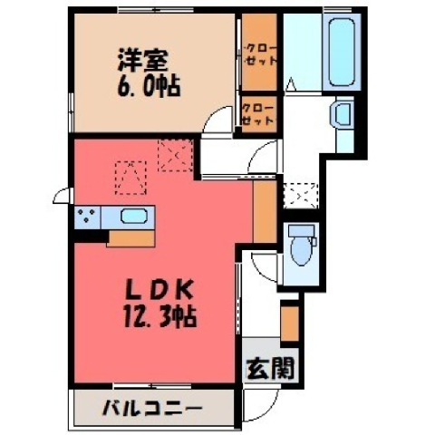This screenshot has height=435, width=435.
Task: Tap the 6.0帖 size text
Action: tap(149, 86)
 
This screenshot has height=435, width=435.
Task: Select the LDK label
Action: tap(159, 290)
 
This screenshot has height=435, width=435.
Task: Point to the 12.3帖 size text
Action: tap(160, 316)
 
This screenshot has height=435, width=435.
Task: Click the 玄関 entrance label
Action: tap(270, 369)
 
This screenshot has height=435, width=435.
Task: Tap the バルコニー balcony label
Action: tap(152, 410)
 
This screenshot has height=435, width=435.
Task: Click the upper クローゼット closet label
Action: tap(260, 55)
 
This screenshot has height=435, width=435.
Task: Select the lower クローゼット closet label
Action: tap(258, 115)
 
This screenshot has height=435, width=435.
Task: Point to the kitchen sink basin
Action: tap(134, 217)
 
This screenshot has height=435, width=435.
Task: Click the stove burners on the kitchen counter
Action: tap(87, 217)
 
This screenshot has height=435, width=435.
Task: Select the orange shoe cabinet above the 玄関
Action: tap(290, 324)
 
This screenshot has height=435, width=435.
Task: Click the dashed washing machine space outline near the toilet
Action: tap(301, 196)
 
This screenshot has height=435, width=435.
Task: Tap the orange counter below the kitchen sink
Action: tap(130, 239)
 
